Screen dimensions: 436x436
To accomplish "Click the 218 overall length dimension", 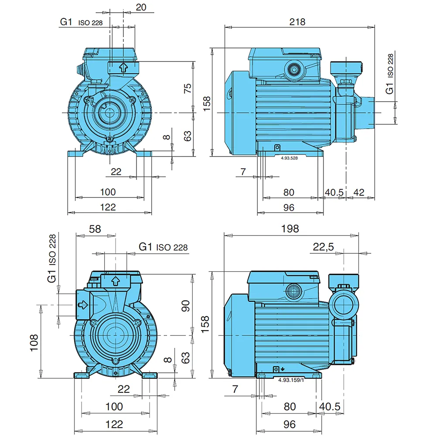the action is pyautogui.click(x=297, y=22).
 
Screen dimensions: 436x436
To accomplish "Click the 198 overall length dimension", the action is pyautogui.click(x=290, y=228).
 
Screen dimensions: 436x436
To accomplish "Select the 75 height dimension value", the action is pyautogui.click(x=187, y=88).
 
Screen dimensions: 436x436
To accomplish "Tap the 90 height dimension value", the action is pyautogui.click(x=185, y=306).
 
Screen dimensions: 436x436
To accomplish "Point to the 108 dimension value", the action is pyautogui.click(x=34, y=343).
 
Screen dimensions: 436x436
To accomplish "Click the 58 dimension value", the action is pyautogui.click(x=95, y=229).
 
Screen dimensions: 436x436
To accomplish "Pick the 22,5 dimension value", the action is pyautogui.click(x=323, y=246).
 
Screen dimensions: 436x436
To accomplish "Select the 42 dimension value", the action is pyautogui.click(x=359, y=192).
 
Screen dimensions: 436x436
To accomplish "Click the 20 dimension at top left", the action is pyautogui.click(x=141, y=7).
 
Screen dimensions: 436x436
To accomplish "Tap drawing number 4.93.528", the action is pyautogui.click(x=289, y=158).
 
